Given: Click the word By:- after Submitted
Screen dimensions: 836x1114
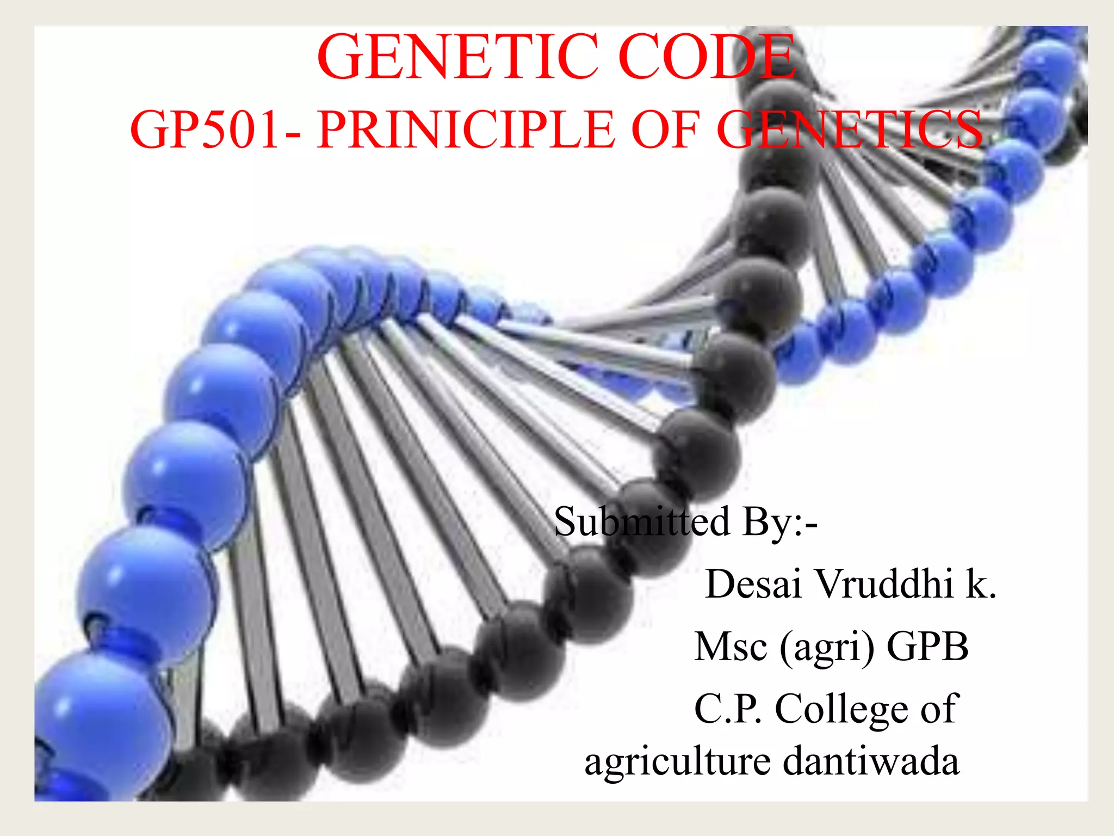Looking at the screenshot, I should pos(780,522).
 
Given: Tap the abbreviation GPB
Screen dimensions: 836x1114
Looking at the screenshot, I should pos(928,647).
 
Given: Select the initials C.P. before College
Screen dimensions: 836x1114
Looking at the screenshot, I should pos(728,709).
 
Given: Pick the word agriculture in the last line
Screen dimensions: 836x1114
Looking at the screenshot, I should pos(678,762).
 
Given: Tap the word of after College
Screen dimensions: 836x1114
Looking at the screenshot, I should pos(939,709).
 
